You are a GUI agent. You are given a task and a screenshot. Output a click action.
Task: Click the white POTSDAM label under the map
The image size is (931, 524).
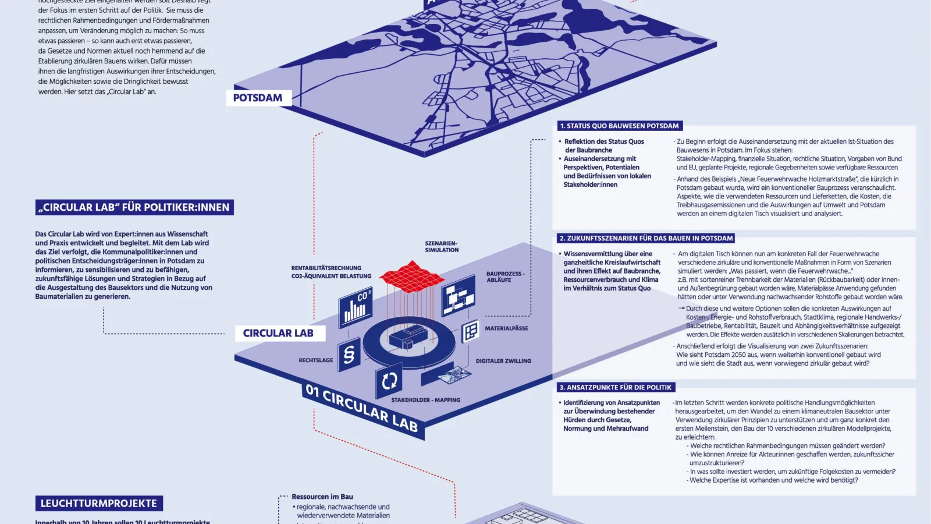[258, 98]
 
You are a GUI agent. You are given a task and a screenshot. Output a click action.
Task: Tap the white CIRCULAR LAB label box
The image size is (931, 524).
[278, 333]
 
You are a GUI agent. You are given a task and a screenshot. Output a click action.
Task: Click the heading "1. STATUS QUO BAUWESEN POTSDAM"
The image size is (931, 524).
[619, 126]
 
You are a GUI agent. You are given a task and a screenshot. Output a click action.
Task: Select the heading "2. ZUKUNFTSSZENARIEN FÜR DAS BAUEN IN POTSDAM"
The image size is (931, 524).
[646, 238]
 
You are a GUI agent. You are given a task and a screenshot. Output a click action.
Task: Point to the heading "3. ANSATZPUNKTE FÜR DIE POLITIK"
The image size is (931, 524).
[615, 387]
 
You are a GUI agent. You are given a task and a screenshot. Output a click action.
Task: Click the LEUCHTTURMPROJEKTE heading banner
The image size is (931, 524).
[98, 504]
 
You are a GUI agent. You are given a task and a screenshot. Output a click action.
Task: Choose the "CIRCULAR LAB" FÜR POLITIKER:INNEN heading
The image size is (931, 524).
[134, 207]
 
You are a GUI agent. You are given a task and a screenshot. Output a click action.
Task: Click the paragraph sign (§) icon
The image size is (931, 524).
[349, 354]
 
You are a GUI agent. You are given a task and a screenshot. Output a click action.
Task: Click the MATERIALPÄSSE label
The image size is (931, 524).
[506, 328]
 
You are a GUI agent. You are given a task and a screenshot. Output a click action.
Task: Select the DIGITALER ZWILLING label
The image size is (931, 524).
[503, 361]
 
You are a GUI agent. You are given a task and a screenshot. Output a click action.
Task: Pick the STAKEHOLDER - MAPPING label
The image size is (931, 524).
[425, 400]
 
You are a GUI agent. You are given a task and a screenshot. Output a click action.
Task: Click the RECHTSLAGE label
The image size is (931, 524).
[316, 360]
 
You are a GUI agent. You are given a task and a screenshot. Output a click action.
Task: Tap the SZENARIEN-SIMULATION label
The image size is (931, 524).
[442, 247]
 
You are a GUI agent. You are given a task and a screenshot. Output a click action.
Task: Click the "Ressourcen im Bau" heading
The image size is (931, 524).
[322, 497]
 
